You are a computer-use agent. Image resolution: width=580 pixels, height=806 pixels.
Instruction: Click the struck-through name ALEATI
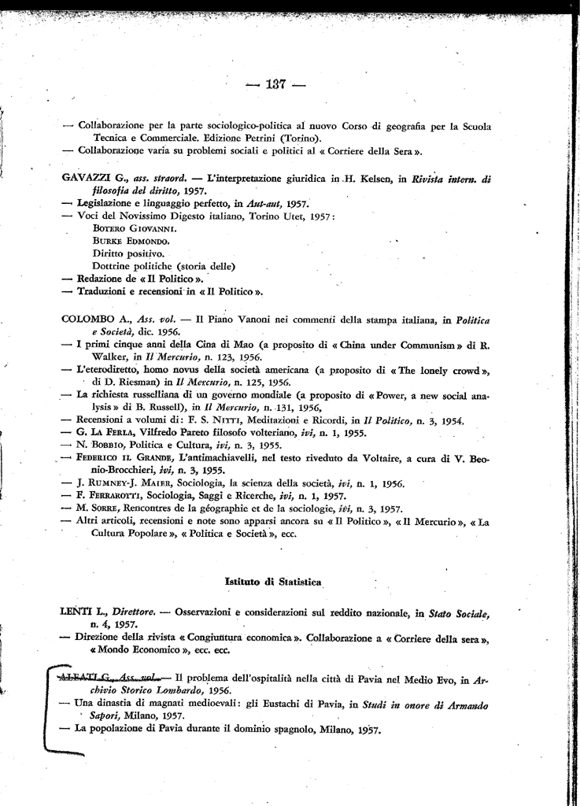pos(79,676)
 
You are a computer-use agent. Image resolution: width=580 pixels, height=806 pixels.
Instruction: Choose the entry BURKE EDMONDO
pos(130,240)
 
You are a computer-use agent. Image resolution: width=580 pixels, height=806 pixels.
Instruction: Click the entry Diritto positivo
pos(128,253)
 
